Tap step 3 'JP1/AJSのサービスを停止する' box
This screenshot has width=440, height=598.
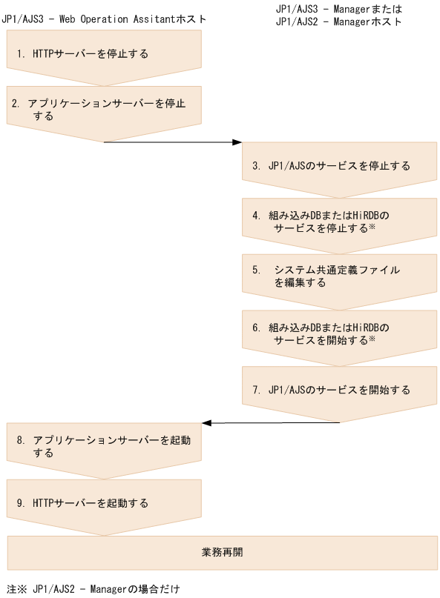coord(339,166)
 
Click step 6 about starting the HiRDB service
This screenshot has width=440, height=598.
coord(339,333)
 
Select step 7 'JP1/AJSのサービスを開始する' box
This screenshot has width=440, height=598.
coord(339,389)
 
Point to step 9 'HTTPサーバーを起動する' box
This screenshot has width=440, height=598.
coord(104,503)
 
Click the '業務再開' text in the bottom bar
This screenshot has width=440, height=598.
coord(222,553)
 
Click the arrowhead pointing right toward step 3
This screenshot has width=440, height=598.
coord(237,142)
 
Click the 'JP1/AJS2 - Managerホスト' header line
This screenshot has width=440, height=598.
coord(338,21)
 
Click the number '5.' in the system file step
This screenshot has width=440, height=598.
coord(256,270)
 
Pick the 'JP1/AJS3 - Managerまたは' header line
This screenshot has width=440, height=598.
coord(338,9)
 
